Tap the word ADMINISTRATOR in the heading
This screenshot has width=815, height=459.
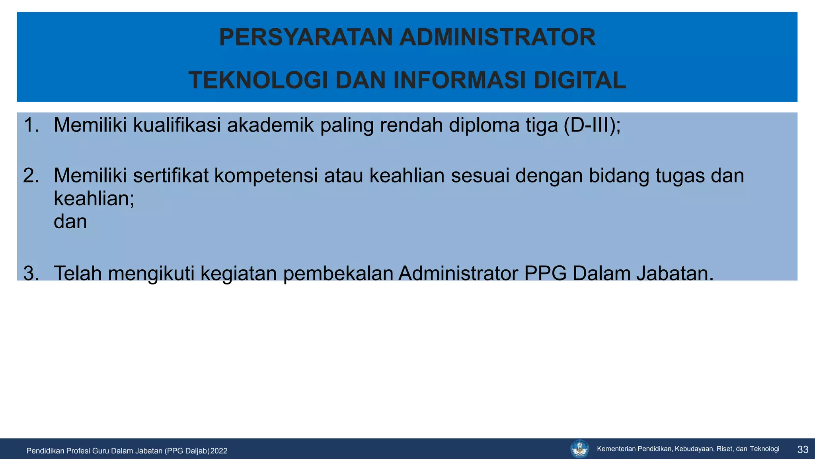[x=497, y=37]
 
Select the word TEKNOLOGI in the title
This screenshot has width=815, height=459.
[x=259, y=80]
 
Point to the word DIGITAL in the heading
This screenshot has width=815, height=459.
[x=580, y=80]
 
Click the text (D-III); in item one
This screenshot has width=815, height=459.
[x=592, y=126]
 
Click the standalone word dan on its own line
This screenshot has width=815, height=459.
[x=70, y=222]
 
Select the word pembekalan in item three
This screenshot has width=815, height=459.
[x=338, y=274]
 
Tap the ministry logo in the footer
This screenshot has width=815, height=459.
[x=579, y=449]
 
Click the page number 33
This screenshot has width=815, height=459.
[x=803, y=450]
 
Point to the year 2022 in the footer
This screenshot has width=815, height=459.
[x=219, y=451]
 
